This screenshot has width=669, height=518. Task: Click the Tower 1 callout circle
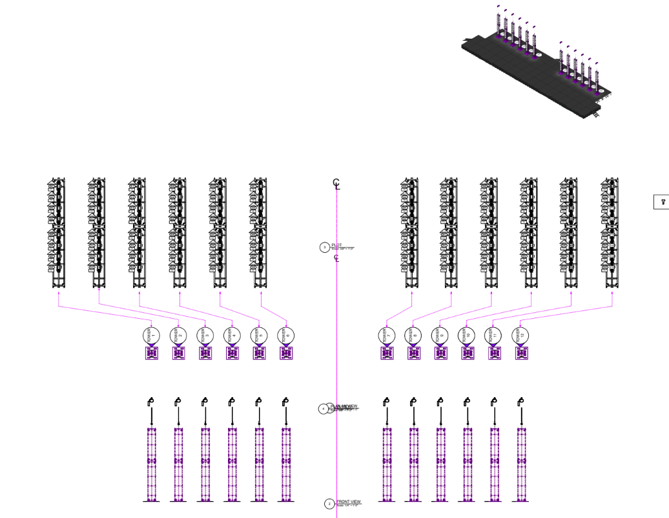click(152, 335)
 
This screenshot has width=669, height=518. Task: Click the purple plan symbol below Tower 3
click(205, 353)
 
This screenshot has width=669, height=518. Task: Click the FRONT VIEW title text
click(349, 502)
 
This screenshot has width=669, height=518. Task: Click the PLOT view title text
click(336, 245)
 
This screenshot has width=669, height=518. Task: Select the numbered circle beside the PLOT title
click(324, 247)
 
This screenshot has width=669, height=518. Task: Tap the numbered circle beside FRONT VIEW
click(329, 504)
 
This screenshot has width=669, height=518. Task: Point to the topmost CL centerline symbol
click(336, 184)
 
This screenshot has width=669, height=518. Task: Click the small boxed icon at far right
click(662, 202)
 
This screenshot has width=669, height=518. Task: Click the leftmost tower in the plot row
click(57, 233)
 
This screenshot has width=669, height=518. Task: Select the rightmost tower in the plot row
click(609, 233)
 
